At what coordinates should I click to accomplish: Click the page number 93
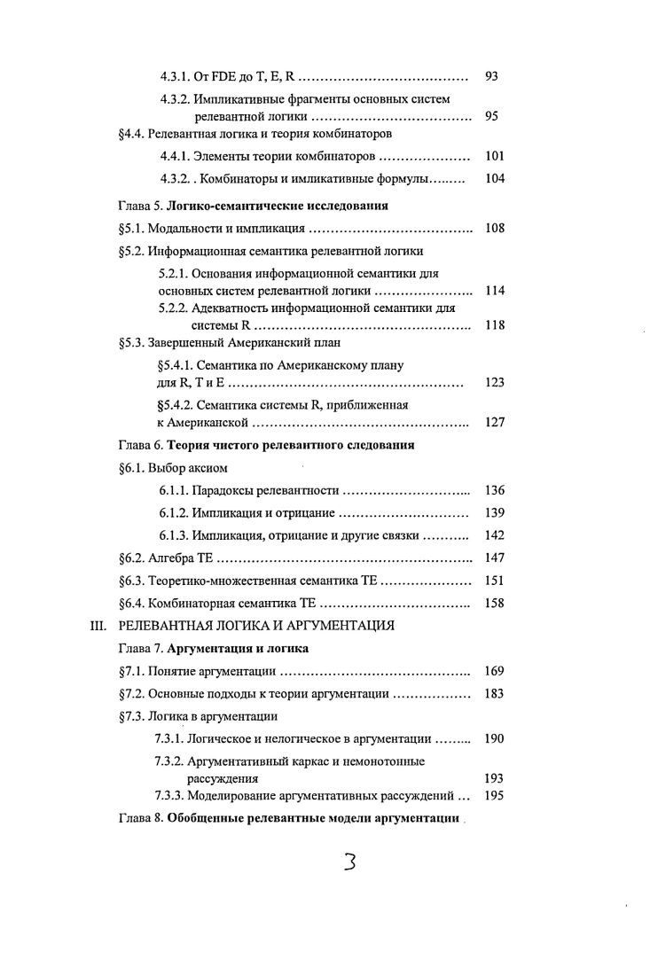pyautogui.click(x=492, y=77)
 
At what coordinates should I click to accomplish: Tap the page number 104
pyautogui.click(x=495, y=179)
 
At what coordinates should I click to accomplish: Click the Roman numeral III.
pyautogui.click(x=99, y=626)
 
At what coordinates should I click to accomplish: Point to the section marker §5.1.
pyautogui.click(x=131, y=228)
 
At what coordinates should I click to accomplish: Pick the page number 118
pyautogui.click(x=495, y=325)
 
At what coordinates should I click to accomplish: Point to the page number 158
pyautogui.click(x=495, y=604)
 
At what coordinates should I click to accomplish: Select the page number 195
pyautogui.click(x=495, y=795)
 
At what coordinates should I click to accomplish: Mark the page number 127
pyautogui.click(x=495, y=422)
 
